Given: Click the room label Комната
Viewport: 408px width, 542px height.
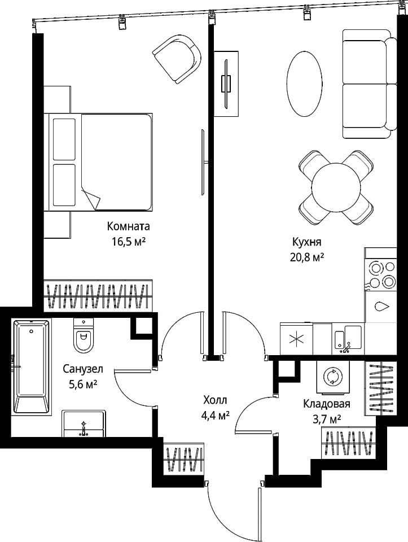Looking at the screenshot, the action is (129, 227).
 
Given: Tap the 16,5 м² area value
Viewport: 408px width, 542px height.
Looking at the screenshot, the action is (128, 242).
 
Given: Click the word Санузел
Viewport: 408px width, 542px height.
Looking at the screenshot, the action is (83, 369).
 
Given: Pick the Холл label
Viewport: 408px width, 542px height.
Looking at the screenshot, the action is (215, 400).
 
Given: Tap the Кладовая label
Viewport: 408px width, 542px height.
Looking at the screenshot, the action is (327, 404).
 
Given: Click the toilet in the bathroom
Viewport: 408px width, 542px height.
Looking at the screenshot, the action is (84, 335).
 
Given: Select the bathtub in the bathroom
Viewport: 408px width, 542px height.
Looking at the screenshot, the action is (32, 366).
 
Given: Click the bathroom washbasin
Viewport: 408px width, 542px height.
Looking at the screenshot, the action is (84, 424).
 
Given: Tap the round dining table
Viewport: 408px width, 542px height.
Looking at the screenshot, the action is (336, 187).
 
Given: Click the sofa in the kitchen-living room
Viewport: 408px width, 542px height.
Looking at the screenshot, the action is (370, 84).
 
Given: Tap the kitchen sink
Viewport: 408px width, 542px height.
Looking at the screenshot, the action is (348, 339).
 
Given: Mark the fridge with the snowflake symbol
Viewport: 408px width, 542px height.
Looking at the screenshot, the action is (297, 339).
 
